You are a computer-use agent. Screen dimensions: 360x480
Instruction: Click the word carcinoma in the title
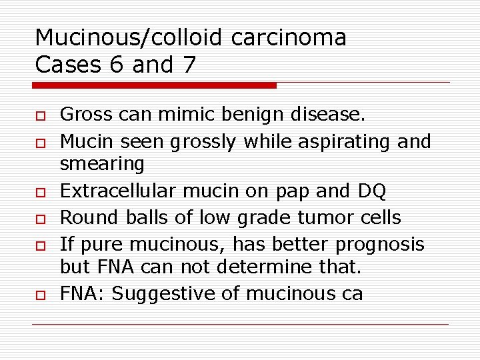coord(289,38)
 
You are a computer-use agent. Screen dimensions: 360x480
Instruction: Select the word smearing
coord(101,164)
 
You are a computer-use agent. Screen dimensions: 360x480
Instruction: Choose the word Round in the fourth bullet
coord(85,218)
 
